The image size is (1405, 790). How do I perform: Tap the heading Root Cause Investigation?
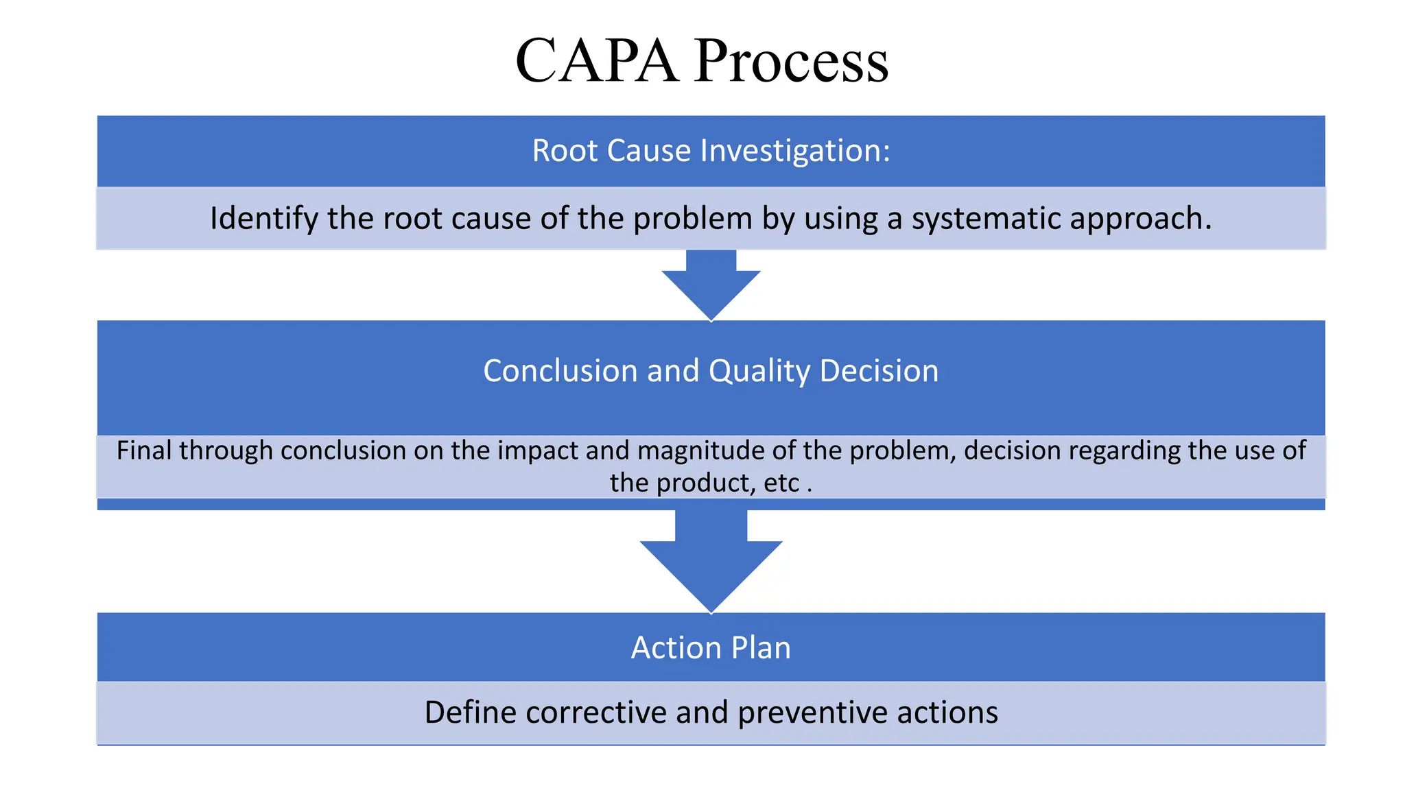click(x=711, y=150)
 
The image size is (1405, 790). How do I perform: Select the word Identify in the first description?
click(x=264, y=219)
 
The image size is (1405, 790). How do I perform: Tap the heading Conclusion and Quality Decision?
click(x=711, y=371)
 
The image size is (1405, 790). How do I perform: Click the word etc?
click(x=781, y=483)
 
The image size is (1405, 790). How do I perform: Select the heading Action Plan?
click(x=711, y=648)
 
